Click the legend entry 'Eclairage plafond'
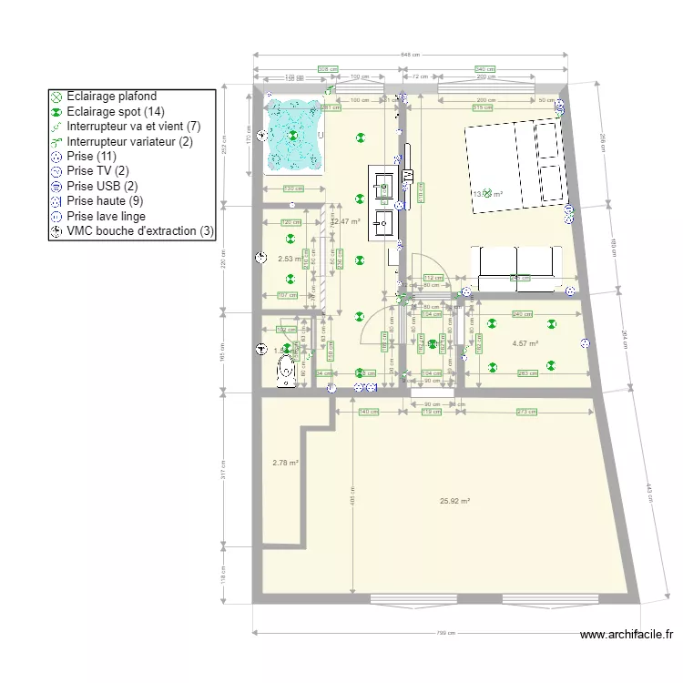point(111,96)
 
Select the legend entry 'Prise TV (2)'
point(97,170)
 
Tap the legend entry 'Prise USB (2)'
point(101,186)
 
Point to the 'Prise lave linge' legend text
point(106,216)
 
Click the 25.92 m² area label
point(454,501)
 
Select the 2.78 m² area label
point(285,464)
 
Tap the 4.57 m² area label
point(525,343)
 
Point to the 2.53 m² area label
point(289,259)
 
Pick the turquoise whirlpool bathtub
point(293,136)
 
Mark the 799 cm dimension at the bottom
point(446,634)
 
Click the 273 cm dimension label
point(526,412)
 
